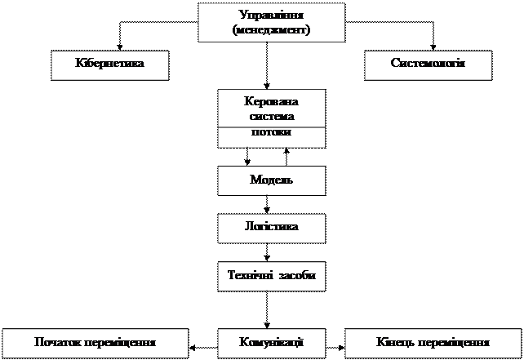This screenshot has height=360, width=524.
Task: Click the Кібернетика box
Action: (109, 65)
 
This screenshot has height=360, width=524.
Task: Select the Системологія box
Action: (428, 65)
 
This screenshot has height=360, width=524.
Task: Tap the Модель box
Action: (271, 180)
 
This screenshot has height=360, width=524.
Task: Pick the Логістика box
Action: (271, 228)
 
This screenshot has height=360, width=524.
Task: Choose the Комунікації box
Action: (271, 343)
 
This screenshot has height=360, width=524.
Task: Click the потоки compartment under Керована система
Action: (271, 134)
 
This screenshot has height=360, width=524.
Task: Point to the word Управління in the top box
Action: (271, 16)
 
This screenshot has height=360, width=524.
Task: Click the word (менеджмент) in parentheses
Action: (271, 29)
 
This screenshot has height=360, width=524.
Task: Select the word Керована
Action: (271, 102)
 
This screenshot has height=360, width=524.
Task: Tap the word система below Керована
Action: (271, 117)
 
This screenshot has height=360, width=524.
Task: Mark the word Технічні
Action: (251, 276)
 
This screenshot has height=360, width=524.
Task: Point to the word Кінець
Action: (396, 343)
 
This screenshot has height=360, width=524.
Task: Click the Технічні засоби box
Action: (271, 276)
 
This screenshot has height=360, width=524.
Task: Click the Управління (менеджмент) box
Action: (271, 23)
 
